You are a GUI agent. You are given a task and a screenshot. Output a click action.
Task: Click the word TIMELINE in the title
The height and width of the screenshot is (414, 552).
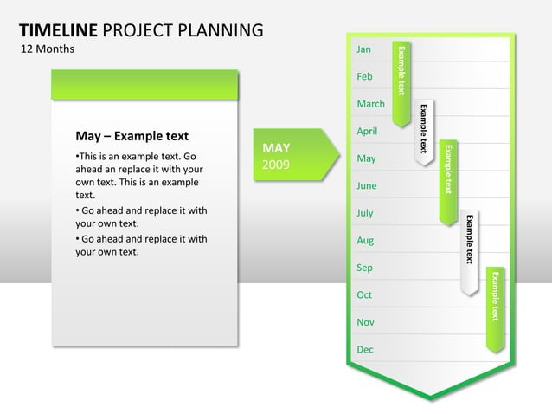tap(57, 31)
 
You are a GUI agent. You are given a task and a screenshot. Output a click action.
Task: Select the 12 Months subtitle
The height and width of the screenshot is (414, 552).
tap(47, 49)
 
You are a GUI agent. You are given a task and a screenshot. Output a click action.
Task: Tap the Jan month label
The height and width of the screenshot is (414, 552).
tap(363, 50)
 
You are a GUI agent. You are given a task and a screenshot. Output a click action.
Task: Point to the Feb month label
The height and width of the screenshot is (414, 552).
tap(364, 77)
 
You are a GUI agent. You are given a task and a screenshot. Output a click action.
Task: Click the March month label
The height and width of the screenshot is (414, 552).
tap(370, 104)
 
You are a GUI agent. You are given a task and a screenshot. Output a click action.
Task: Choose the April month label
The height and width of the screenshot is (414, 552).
tap(367, 131)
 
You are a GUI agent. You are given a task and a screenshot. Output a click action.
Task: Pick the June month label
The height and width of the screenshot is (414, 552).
tap(366, 185)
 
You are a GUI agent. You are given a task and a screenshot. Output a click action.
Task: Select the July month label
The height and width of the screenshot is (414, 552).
tap(365, 213)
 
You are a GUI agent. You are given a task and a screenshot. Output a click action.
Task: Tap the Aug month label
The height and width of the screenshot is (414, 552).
tap(365, 240)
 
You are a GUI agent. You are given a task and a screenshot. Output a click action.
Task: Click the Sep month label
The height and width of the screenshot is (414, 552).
tap(364, 268)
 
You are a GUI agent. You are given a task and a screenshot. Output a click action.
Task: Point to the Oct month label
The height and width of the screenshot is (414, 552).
tap(364, 294)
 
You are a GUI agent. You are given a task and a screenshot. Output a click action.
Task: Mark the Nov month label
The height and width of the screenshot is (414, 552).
tap(365, 322)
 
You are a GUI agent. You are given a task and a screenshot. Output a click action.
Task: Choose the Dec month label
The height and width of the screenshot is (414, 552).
tap(364, 349)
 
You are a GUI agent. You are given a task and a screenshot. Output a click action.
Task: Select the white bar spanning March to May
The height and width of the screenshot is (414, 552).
tap(424, 130)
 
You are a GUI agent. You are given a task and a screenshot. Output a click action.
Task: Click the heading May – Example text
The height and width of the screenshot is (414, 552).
tap(132, 136)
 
